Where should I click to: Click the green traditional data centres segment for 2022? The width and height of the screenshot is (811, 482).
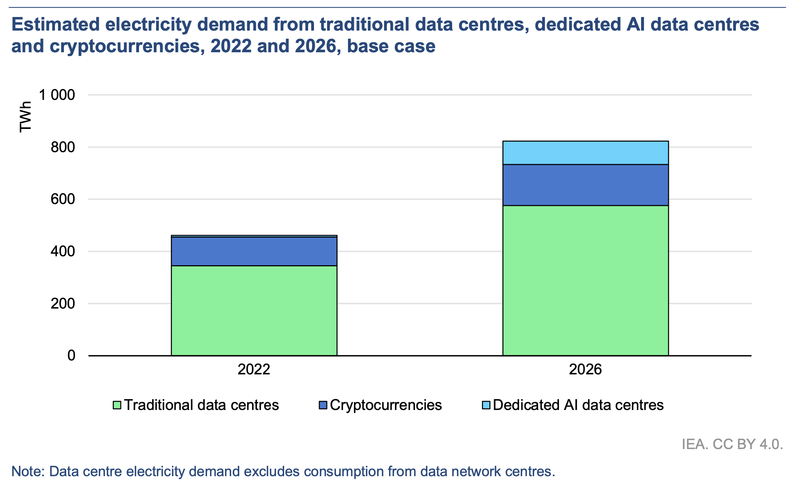point(254,310)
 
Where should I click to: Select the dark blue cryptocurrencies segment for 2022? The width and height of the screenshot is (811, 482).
point(254,251)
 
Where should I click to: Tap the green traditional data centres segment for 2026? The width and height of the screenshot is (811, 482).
point(585,280)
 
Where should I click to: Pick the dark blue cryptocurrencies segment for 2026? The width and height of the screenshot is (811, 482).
point(585,185)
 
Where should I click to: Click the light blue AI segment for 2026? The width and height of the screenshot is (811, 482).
point(585,153)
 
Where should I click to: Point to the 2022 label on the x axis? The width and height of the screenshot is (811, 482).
point(254,369)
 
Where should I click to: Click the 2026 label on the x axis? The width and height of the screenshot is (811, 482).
point(585,369)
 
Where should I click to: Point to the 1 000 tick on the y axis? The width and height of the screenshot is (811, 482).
point(57,95)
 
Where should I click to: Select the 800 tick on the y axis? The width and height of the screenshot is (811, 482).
point(63,147)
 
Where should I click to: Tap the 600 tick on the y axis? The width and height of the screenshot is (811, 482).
point(63,199)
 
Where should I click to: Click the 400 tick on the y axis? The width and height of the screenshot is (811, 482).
point(63,252)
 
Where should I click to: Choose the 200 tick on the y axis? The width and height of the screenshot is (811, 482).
point(63,304)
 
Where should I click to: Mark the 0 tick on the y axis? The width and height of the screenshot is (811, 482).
point(71,355)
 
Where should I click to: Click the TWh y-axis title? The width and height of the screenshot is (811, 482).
point(26,117)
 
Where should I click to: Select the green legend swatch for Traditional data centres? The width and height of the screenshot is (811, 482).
point(117,405)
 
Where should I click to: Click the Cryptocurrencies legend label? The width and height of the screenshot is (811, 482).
point(386,405)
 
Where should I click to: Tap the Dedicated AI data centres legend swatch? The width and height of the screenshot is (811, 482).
point(486,405)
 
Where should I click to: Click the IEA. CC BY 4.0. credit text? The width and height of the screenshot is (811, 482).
point(732,444)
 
